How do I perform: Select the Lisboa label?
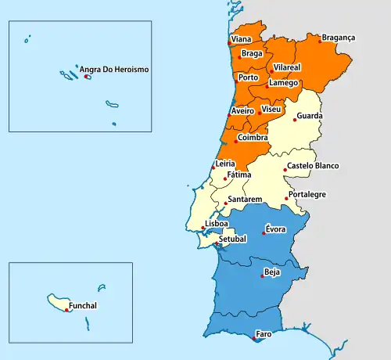click(217, 223)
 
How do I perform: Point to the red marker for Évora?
click(264, 233)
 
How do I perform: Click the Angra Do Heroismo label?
click(114, 70)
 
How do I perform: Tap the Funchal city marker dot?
click(66, 310)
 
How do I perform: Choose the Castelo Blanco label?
click(313, 166)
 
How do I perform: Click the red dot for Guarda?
click(295, 120)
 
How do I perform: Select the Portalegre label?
click(307, 194)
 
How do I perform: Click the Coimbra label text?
click(253, 138)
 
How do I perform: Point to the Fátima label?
click(239, 175)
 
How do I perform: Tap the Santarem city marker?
click(225, 203)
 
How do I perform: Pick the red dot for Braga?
click(239, 57)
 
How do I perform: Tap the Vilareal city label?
click(287, 69)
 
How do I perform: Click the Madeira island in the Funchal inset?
click(61, 301)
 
